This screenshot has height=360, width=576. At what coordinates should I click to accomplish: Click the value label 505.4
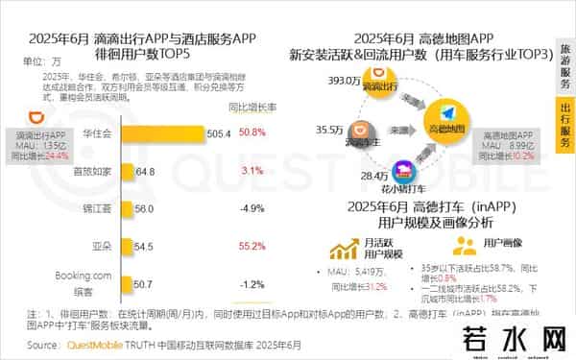tap(220, 133)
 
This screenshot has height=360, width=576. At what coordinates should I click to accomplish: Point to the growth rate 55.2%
tap(252, 246)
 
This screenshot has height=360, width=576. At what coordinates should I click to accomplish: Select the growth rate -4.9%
tap(252, 208)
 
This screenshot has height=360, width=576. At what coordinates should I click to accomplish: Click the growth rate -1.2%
tap(252, 284)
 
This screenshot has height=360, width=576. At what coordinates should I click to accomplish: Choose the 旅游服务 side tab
tap(566, 60)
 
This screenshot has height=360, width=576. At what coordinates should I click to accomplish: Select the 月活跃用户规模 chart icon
tap(341, 251)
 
